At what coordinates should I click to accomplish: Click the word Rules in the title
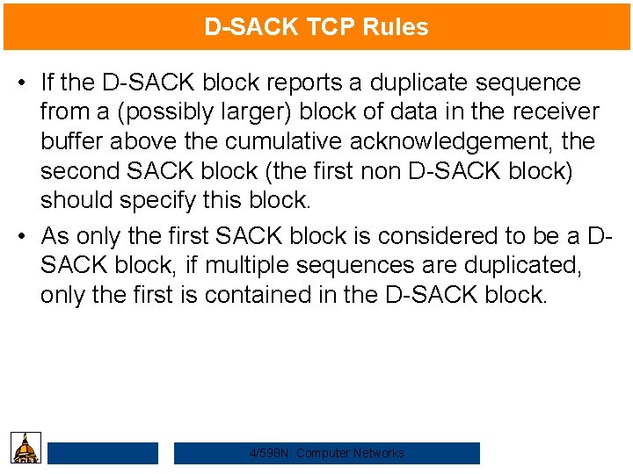[x=397, y=27]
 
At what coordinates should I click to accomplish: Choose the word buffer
[x=76, y=141]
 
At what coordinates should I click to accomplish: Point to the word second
[x=80, y=171]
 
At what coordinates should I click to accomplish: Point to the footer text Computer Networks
[x=350, y=453]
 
